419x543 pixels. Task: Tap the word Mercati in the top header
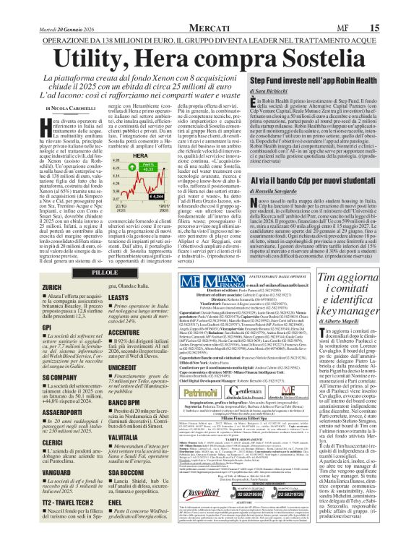point(209,7)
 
